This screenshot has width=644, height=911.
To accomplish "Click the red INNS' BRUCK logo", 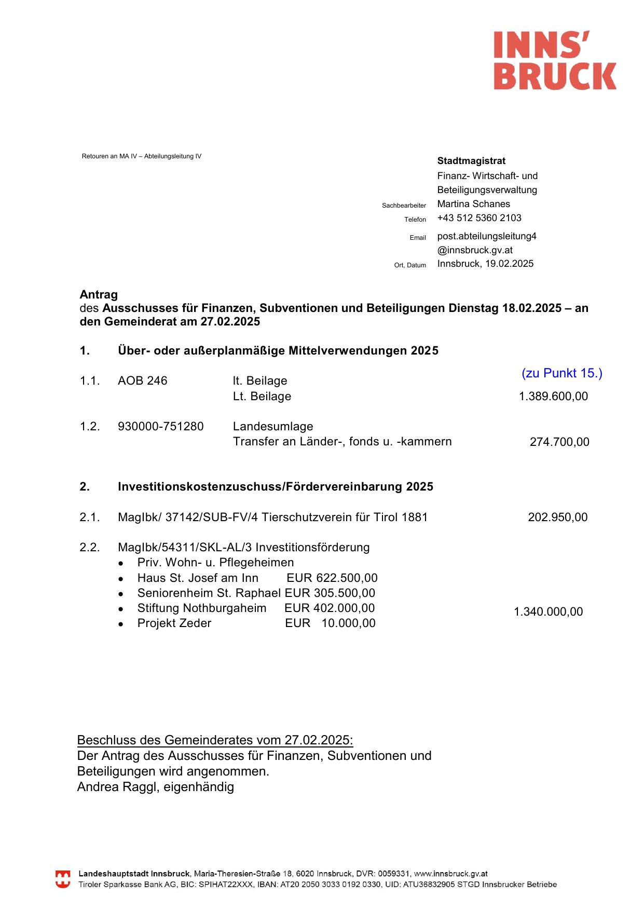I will [555, 60].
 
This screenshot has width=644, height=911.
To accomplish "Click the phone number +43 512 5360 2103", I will [479, 218].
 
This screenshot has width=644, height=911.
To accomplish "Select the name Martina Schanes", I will [473, 204].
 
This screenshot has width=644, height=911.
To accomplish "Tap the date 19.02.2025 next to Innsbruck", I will [509, 264].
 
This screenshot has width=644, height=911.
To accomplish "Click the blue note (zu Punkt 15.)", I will [562, 373].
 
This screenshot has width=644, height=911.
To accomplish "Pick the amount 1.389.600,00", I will [553, 397].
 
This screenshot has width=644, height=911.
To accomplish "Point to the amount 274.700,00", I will [559, 442].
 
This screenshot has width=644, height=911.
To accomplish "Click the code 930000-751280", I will [160, 427].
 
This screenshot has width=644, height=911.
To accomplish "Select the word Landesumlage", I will [273, 427].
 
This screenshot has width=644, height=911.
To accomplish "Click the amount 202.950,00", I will [557, 518].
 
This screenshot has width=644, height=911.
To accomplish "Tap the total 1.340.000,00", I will [548, 612].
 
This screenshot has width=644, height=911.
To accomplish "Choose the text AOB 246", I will [142, 381].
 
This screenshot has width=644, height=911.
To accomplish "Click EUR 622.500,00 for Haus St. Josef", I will [332, 578].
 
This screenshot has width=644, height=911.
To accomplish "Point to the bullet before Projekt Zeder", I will [121, 624].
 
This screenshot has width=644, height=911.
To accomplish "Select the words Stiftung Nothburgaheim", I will [201, 608].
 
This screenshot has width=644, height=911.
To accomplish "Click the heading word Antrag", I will [99, 295].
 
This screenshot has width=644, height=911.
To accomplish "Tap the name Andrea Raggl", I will [117, 787].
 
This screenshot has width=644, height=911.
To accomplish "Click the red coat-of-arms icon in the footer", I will [63, 879].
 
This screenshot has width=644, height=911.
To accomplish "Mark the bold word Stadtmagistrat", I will [471, 161].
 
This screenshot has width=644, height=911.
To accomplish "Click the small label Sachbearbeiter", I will [404, 206].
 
